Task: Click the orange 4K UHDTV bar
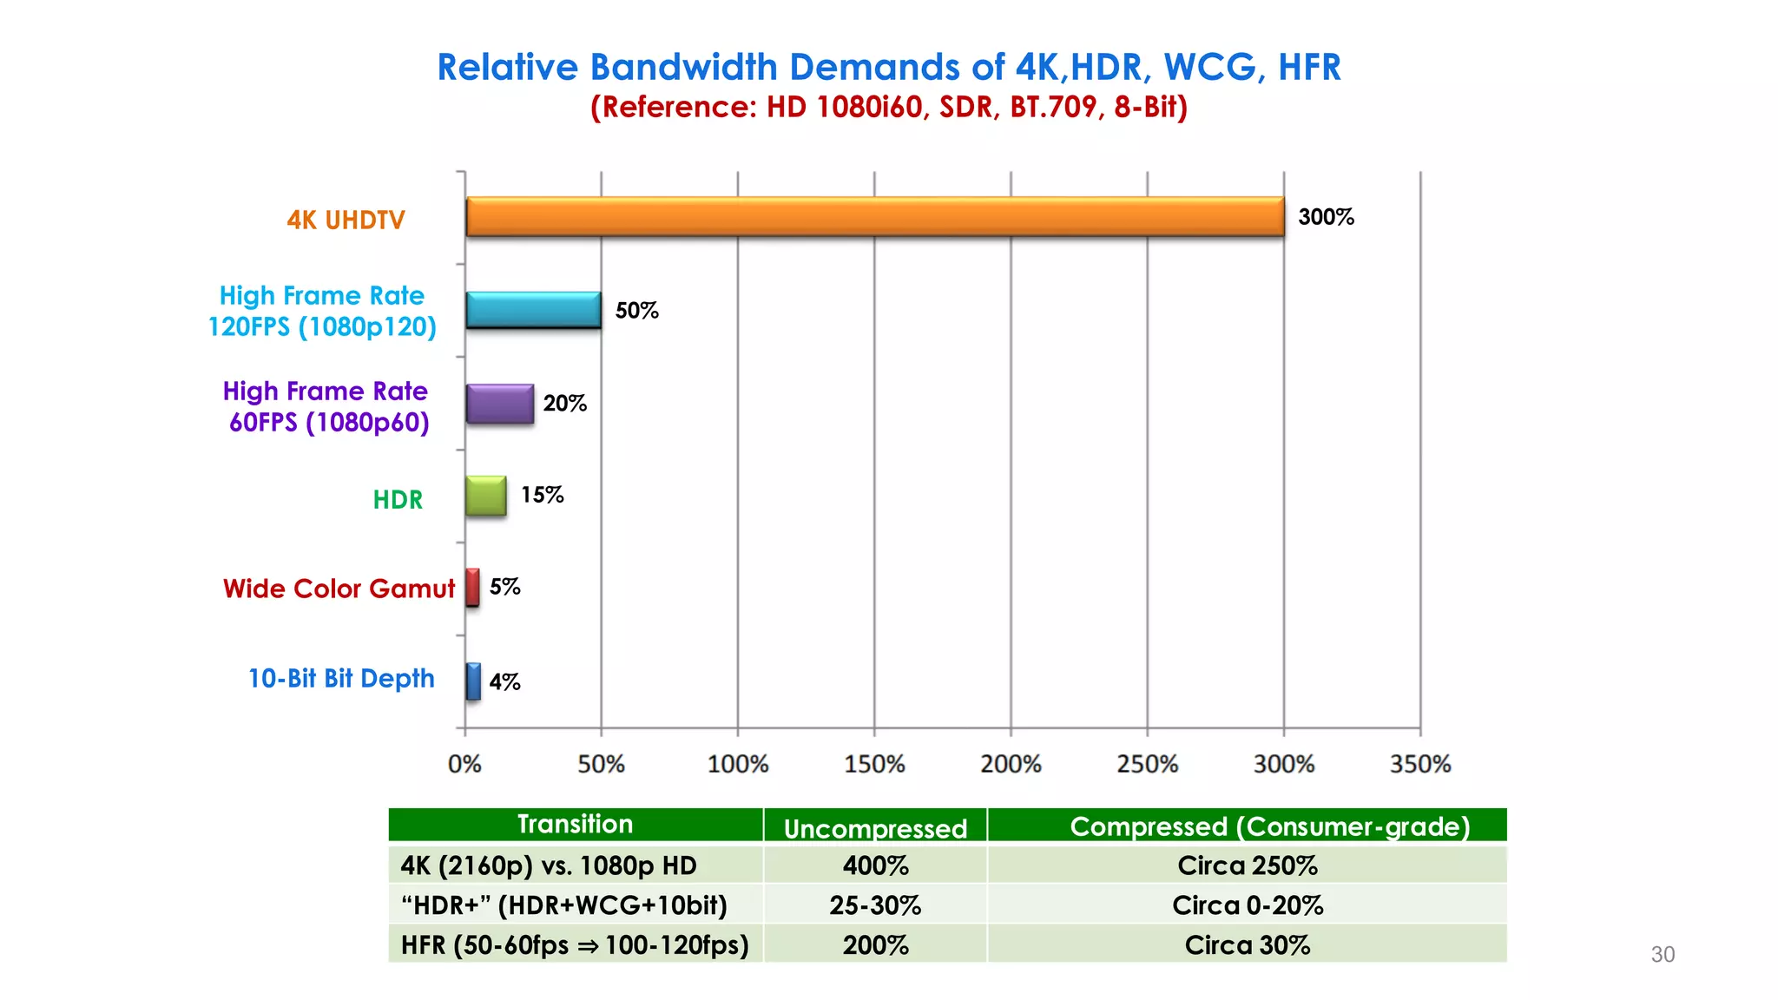[874, 217]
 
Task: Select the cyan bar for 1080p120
[533, 310]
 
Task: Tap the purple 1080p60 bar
[500, 404]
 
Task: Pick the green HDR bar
[486, 496]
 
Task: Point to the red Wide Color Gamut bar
[472, 588]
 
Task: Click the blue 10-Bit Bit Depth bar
[473, 681]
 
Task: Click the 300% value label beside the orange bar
[1326, 217]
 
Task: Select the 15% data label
[543, 495]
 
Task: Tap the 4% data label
[504, 682]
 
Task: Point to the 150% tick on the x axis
[874, 765]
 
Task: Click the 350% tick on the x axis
[1420, 765]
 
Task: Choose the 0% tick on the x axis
[464, 765]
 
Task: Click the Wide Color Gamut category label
[339, 589]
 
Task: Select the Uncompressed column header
[875, 828]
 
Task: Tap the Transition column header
[575, 824]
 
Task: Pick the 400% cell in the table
[875, 865]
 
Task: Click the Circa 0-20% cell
[1248, 905]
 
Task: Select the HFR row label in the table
[575, 944]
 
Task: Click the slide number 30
[1663, 955]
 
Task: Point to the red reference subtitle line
[889, 107]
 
